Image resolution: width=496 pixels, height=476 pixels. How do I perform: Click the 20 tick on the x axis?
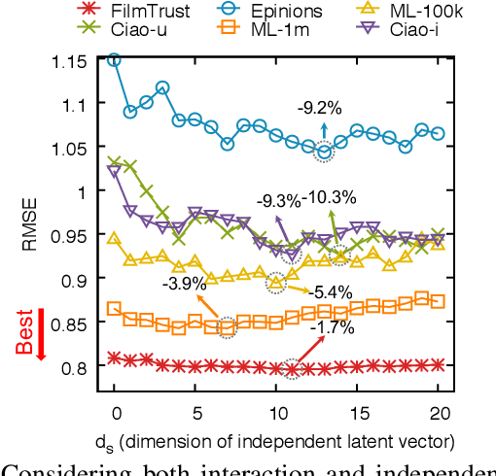pos(438,411)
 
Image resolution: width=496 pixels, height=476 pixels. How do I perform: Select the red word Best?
pos(28,330)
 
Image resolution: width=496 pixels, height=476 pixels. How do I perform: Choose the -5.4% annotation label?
pos(334,291)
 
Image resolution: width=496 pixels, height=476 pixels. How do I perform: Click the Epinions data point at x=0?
pos(115,59)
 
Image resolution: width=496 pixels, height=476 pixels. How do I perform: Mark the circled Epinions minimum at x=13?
pos(324,150)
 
